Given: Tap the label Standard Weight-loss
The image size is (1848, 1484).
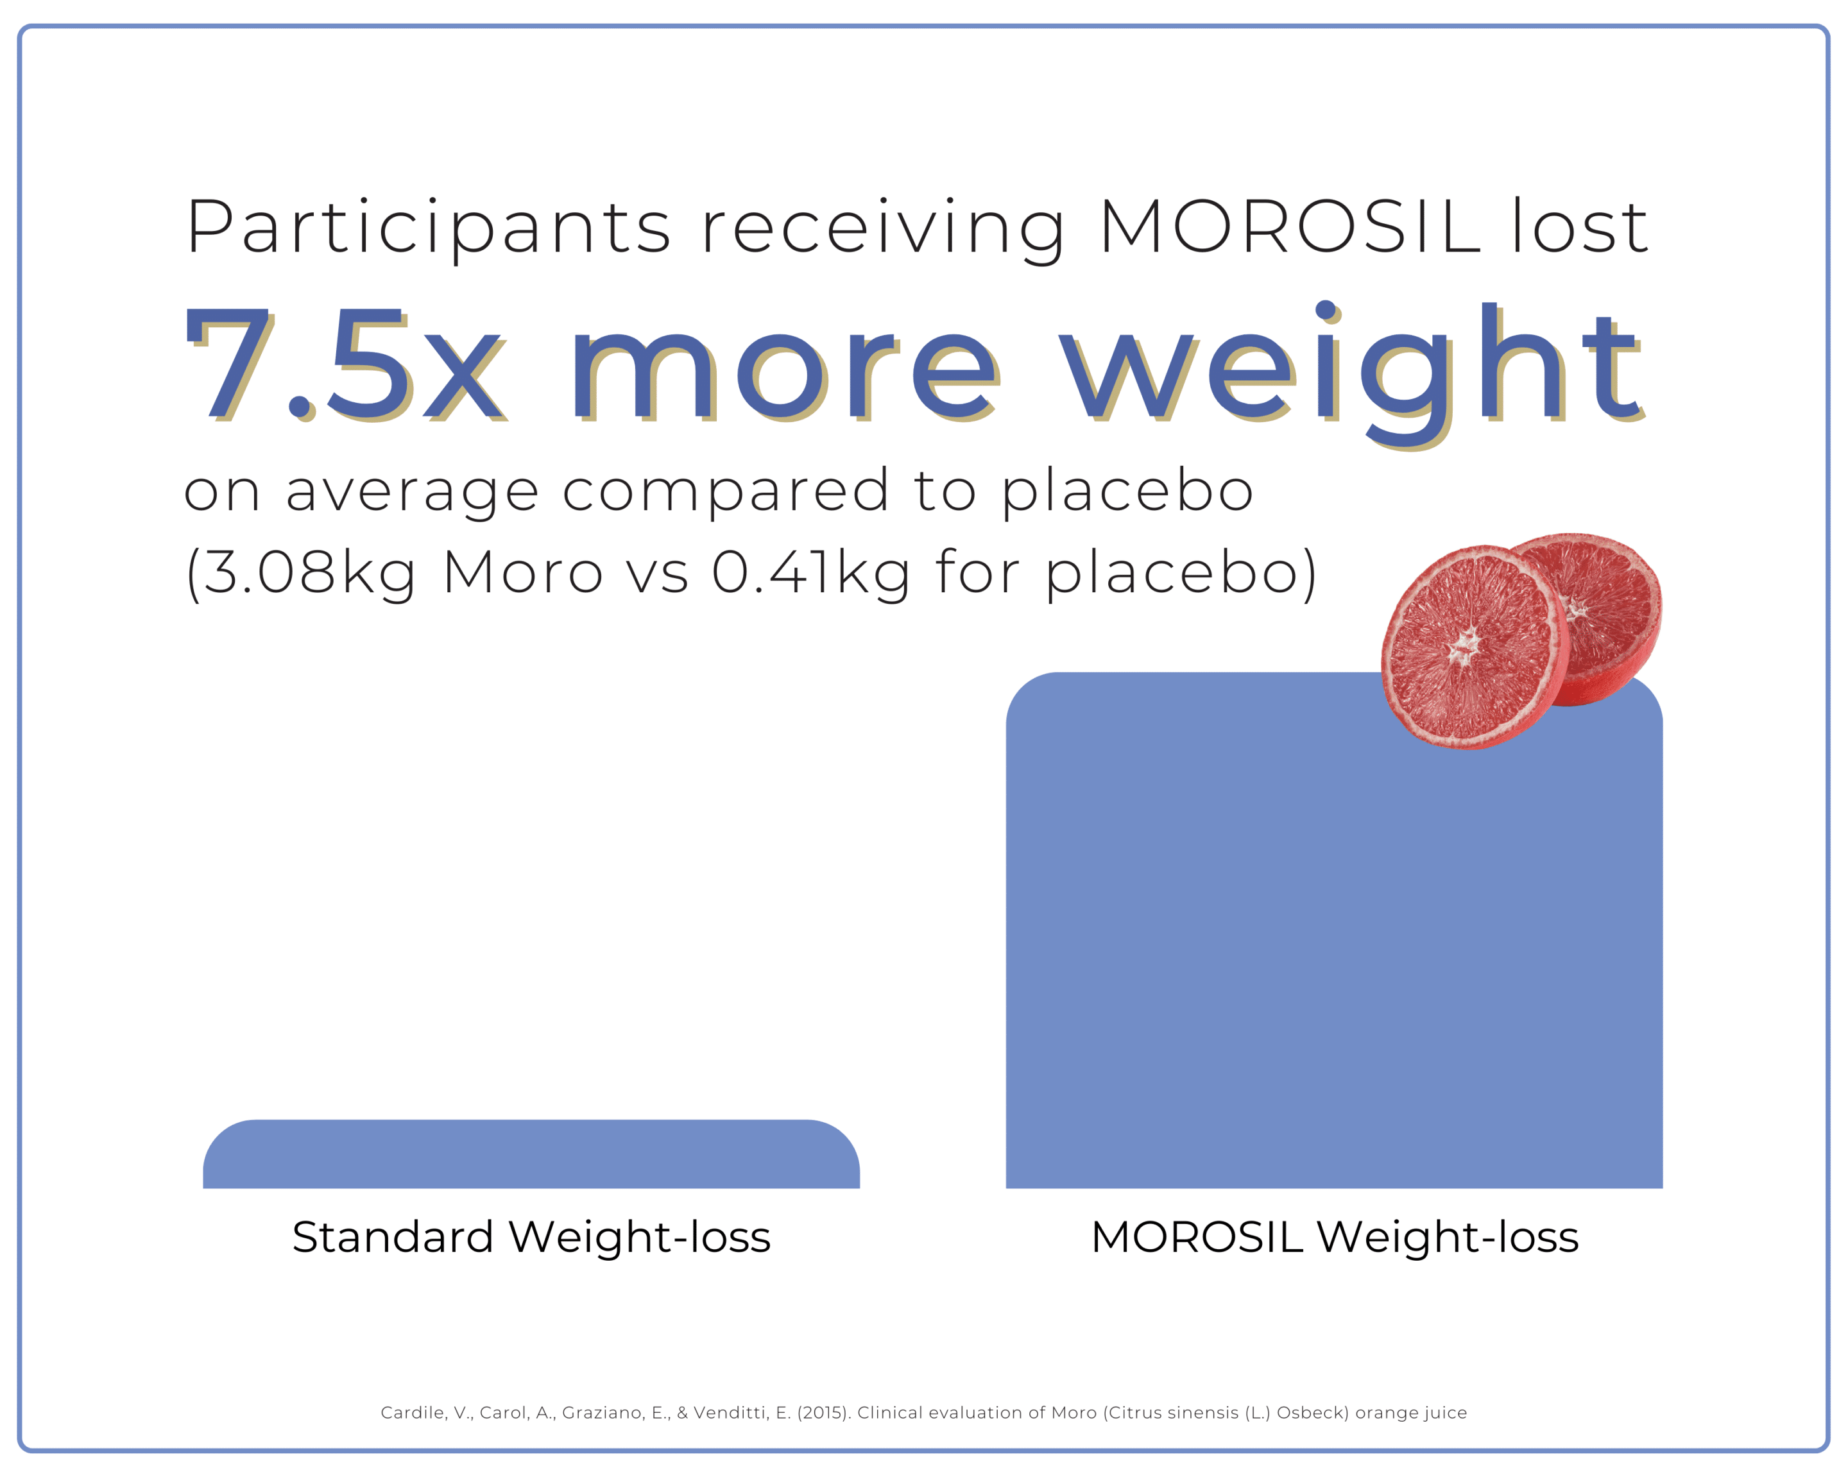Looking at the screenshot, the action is pyautogui.click(x=531, y=1237).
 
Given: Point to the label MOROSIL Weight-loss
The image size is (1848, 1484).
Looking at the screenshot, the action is pyautogui.click(x=1335, y=1237).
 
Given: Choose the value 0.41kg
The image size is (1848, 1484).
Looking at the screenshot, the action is pyautogui.click(x=811, y=573).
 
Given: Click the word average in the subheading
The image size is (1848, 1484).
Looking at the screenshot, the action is pyautogui.click(x=411, y=493).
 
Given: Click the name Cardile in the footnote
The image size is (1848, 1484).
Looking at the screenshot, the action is pyautogui.click(x=413, y=1413).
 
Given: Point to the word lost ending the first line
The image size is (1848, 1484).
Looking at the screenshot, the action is pyautogui.click(x=1580, y=226).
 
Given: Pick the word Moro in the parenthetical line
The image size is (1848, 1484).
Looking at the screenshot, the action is pyautogui.click(x=523, y=572).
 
